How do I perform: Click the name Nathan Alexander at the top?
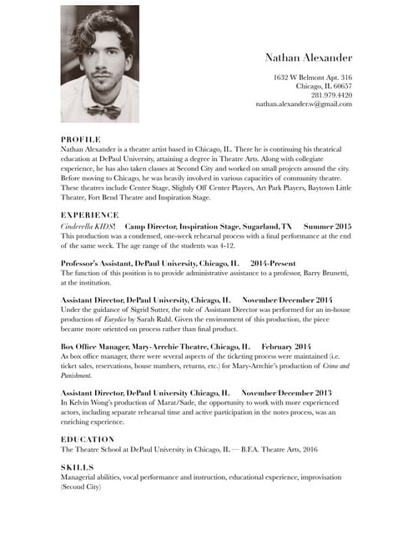309,58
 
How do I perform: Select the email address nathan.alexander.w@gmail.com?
304,104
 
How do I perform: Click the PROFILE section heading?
81,139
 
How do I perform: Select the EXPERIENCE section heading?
89,214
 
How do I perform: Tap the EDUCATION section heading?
88,438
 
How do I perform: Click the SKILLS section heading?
78,467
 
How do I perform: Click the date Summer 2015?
328,226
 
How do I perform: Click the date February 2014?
286,345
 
